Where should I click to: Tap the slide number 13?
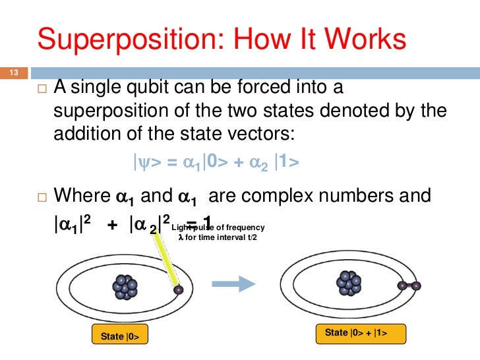[12, 73]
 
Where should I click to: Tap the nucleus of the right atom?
[349, 282]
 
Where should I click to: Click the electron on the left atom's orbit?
[177, 289]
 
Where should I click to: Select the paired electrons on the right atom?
[409, 285]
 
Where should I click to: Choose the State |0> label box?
[119, 336]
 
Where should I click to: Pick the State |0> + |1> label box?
[360, 333]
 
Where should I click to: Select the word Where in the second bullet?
[81, 196]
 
